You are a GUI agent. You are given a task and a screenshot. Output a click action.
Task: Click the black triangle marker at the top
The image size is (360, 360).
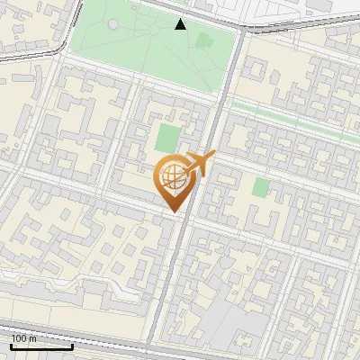pos(181,24)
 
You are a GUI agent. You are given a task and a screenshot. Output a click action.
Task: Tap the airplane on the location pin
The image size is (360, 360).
pos(199,165)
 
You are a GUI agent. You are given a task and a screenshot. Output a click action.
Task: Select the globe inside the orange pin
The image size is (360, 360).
pos(171,175)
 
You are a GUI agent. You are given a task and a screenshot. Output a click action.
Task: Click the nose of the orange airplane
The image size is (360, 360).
pos(214,156)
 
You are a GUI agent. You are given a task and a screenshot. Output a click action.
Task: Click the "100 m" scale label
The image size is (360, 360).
pos(23,338)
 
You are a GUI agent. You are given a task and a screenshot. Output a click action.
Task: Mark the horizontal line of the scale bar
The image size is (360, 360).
pos(41,346)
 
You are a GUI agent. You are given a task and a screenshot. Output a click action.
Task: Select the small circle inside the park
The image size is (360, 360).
pos(112,25)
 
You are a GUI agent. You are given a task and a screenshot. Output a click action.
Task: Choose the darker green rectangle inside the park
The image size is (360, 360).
pos(204,41)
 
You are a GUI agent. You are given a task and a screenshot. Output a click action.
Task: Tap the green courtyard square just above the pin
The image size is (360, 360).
pos(167,138)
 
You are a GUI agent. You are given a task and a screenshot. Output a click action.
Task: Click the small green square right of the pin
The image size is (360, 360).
pos(261,187)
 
